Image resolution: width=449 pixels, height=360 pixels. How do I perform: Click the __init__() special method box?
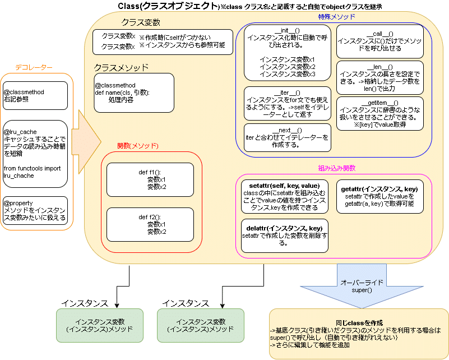coord(287,53)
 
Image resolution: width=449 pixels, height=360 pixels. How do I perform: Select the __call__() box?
coord(379,41)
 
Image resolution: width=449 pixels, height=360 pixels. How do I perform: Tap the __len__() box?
coord(379,77)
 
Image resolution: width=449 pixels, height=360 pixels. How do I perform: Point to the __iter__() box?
coord(287,103)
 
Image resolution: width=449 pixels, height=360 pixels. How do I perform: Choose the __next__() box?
coord(287,137)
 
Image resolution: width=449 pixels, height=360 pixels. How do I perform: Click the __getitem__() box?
coord(379,113)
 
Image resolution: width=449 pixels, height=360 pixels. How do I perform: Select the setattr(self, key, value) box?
coord(285,196)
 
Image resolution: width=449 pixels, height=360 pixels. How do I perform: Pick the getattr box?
coord(379,196)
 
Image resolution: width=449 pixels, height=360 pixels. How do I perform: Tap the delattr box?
coord(285,236)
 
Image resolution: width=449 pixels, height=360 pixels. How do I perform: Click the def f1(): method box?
coord(150,179)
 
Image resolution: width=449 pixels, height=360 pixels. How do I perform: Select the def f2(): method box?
coord(150,224)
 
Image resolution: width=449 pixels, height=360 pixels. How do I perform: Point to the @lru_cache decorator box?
coord(35,154)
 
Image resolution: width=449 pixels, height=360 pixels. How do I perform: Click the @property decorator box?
coord(35,210)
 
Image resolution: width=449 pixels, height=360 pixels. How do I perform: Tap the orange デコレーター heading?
coord(34,68)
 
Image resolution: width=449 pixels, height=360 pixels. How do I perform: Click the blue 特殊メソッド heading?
coord(336,17)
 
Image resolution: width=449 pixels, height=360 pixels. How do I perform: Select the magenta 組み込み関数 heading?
coord(337,168)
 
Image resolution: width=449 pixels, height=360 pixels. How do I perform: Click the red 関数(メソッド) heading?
coord(138,146)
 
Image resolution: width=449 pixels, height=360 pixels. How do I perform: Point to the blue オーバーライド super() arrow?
coord(362,286)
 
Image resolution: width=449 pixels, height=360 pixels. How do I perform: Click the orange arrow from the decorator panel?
coord(86,141)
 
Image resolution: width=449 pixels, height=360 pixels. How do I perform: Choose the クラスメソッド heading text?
coord(121,68)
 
